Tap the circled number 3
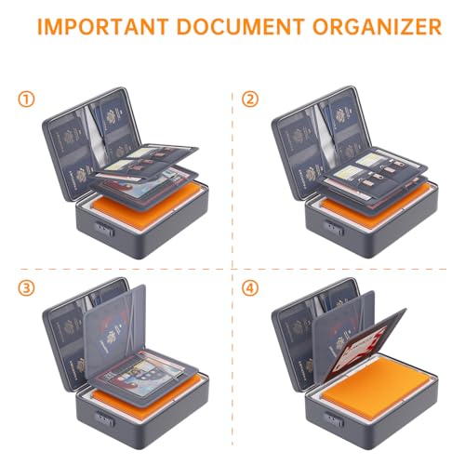29,288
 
